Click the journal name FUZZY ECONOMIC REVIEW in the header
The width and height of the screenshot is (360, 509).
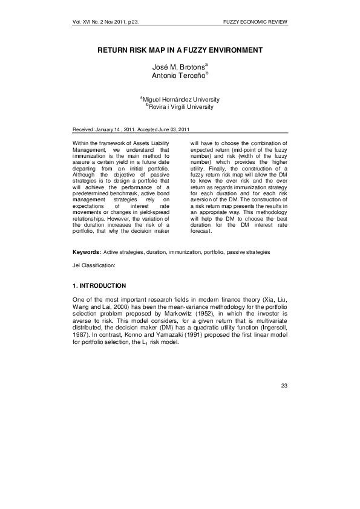(254, 22)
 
